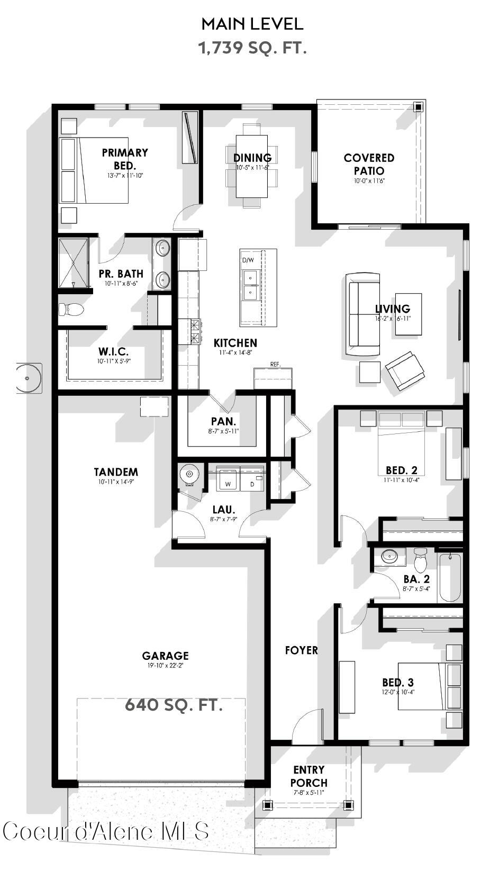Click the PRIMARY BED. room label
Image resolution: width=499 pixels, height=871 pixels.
125,159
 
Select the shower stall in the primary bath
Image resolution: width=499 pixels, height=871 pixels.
73,263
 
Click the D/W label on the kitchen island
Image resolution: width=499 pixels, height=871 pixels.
248,260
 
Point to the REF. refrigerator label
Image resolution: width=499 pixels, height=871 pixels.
275,364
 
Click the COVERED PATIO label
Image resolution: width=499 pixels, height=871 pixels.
369,164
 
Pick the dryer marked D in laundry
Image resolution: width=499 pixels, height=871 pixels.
252,479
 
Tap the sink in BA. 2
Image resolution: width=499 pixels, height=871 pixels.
390,556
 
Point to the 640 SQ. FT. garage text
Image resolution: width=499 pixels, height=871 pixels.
174,705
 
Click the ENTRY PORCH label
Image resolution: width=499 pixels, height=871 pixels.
309,776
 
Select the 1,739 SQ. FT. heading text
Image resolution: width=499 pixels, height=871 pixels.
252,48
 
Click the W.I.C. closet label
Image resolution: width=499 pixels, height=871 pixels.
113,351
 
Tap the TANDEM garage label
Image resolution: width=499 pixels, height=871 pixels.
116,471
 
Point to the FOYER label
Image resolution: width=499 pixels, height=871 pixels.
302,650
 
